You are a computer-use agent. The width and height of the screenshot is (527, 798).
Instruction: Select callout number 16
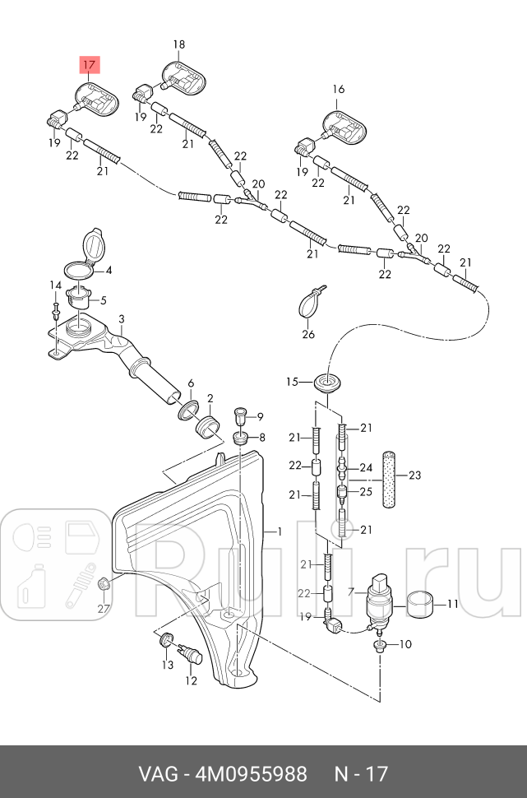point(339,89)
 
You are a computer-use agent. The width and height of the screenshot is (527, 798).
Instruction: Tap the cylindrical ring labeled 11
point(422,605)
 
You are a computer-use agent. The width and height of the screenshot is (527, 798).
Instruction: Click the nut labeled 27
point(104,585)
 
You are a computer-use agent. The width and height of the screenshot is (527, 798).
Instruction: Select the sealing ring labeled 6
point(188,409)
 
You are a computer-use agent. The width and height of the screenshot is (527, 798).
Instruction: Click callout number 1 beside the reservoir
point(280,531)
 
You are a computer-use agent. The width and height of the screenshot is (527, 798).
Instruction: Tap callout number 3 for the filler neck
point(121,319)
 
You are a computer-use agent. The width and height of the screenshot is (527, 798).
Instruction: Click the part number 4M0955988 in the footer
point(251,774)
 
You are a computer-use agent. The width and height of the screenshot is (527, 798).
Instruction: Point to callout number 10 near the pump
point(404,643)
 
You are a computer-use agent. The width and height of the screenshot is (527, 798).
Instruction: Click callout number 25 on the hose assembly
point(366,492)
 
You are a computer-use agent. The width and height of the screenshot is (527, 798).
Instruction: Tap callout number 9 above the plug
point(260,416)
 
